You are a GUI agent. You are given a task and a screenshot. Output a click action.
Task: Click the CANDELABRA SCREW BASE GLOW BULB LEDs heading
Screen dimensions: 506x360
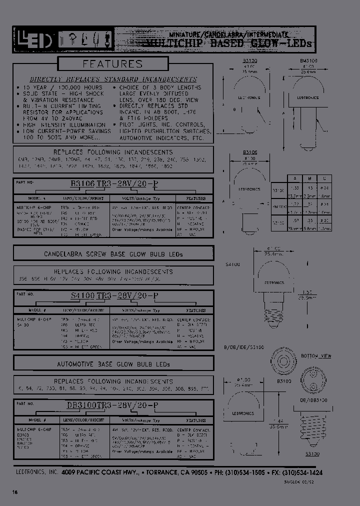coord(113,254)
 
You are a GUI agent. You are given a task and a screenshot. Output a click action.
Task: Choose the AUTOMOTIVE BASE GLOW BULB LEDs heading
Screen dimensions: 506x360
coord(113,364)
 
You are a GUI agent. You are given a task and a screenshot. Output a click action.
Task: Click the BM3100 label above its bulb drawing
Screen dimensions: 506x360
coord(308,60)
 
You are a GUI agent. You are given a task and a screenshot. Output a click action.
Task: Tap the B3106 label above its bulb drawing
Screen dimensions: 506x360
coord(249,152)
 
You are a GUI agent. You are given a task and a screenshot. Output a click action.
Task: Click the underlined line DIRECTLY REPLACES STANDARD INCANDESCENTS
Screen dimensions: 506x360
coord(113,79)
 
